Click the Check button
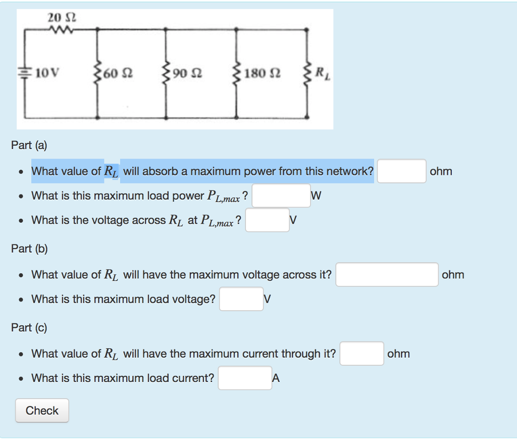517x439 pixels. (42, 411)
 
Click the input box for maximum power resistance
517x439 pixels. (401, 171)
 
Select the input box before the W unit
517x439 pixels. (281, 196)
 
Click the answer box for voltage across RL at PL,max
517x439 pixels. (267, 220)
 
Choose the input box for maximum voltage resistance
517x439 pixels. (387, 275)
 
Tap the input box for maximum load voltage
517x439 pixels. (241, 299)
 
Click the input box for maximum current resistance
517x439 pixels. (361, 354)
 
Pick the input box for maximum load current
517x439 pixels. (245, 378)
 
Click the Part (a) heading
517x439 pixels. (29, 145)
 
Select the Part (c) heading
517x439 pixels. (29, 327)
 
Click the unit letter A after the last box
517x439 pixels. (276, 378)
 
